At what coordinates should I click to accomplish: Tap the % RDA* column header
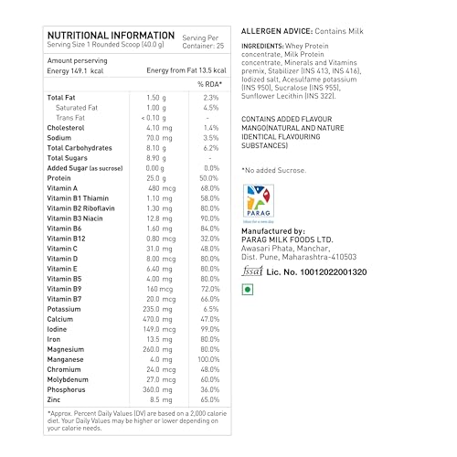point(212,84)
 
